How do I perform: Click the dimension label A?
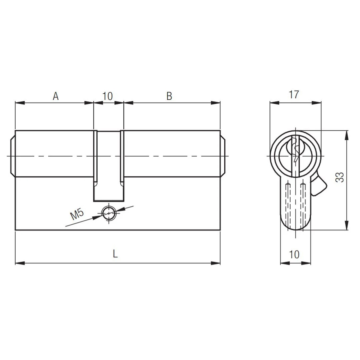56,96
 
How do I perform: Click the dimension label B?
169,96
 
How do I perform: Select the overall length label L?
115,254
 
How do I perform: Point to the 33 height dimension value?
340,177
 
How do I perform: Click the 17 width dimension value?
294,94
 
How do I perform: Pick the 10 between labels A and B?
107,96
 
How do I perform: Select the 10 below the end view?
294,254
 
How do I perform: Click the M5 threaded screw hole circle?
109,213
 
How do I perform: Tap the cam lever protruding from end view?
319,186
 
